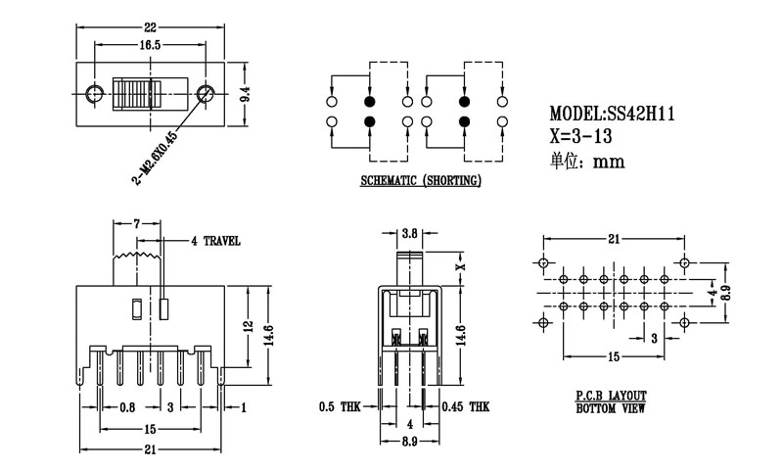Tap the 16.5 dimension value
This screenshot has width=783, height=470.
tap(150, 45)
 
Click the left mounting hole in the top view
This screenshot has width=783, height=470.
tap(94, 94)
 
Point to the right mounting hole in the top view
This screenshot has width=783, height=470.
tap(206, 94)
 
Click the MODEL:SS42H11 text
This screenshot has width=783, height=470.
tap(612, 115)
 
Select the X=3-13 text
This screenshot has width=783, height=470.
tap(587, 137)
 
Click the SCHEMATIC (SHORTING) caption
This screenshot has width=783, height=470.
tap(420, 180)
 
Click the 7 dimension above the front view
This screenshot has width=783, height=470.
tap(137, 224)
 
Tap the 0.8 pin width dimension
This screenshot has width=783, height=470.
tap(127, 405)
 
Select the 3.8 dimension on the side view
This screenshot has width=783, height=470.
tap(411, 232)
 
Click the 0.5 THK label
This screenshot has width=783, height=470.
tap(341, 405)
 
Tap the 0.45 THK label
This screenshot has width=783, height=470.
tap(465, 405)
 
